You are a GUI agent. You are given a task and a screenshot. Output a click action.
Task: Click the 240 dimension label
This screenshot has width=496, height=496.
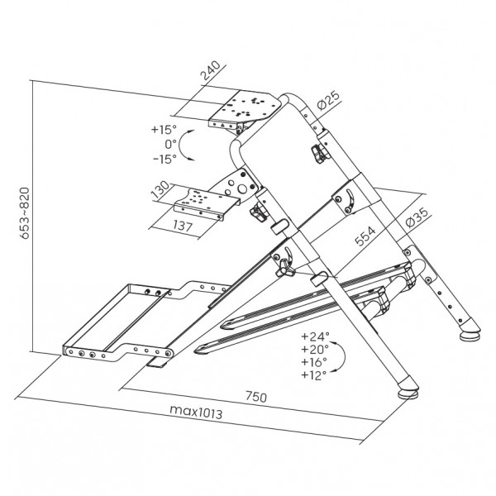click(x=211, y=73)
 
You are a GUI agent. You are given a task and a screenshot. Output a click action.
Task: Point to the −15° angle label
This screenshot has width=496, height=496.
click(x=164, y=159)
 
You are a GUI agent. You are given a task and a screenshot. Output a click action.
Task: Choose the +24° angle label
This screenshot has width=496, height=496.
click(x=316, y=336)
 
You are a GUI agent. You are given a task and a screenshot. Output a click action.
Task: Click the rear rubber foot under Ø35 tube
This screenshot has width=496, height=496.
click(x=470, y=336)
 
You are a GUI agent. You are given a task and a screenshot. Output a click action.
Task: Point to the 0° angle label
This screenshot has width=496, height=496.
click(x=171, y=145)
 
